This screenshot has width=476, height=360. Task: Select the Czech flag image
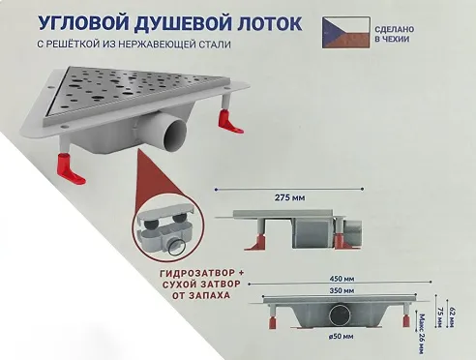pyautogui.click(x=345, y=33)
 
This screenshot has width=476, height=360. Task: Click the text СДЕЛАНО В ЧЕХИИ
pyautogui.click(x=394, y=34)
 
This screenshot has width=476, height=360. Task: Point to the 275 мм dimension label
pyautogui.click(x=289, y=197)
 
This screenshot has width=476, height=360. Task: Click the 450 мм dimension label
pyautogui.click(x=342, y=279)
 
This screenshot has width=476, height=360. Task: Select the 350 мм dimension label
pyautogui.click(x=342, y=291)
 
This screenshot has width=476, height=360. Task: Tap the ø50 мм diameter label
pyautogui.click(x=341, y=337)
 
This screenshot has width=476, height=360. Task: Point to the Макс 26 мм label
pyautogui.click(x=421, y=334)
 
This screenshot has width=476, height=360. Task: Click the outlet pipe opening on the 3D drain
pyautogui.click(x=175, y=133)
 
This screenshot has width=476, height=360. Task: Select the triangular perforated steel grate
pyautogui.click(x=142, y=90)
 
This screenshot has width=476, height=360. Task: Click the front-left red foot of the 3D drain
pyautogui.click(x=71, y=168)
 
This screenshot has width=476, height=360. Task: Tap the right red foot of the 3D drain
pyautogui.click(x=229, y=121)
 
